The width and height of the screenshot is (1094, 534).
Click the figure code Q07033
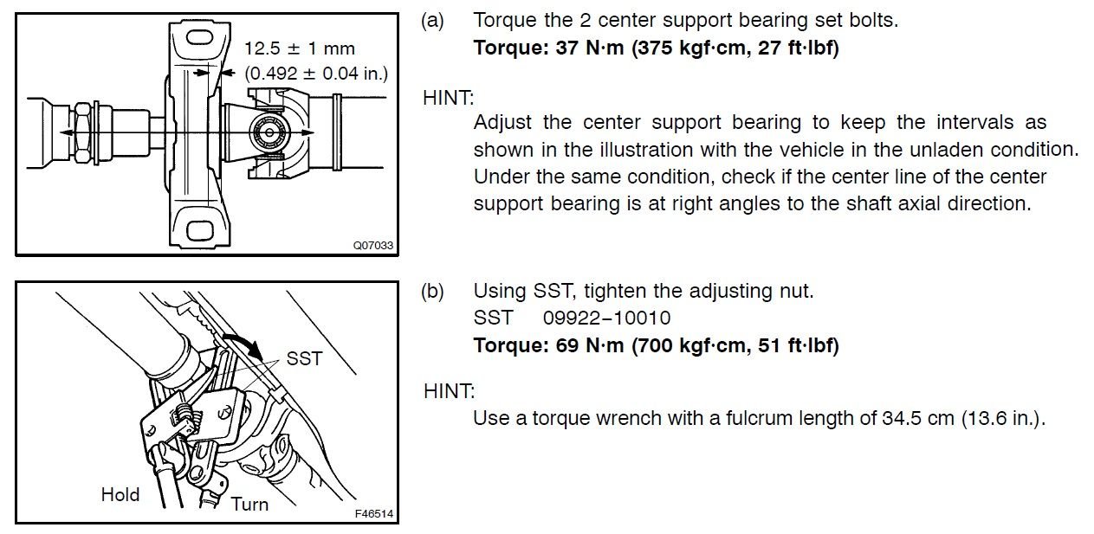[x=373, y=245]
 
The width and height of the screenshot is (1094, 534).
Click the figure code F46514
[x=374, y=513]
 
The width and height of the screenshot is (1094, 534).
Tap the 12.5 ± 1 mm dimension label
[x=300, y=48]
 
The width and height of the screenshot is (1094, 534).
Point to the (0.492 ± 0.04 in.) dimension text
[x=316, y=74]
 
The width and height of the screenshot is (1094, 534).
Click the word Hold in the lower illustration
[x=120, y=494]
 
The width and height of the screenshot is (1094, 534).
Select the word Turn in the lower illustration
[x=249, y=504]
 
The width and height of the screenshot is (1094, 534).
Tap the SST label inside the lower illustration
[x=304, y=358]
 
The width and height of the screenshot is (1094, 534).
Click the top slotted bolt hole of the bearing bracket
[x=199, y=38]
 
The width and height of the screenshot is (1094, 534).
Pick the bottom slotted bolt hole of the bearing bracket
[x=200, y=230]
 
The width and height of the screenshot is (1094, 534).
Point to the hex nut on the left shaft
[x=82, y=132]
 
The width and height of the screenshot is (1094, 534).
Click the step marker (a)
[x=433, y=21]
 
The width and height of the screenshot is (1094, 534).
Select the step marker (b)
[x=433, y=291]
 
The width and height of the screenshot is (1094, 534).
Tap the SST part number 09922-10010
[x=606, y=318]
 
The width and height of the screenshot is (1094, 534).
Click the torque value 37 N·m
[x=590, y=48]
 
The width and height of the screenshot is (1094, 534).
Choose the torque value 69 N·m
[x=590, y=345]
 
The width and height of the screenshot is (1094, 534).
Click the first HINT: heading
[x=449, y=98]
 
